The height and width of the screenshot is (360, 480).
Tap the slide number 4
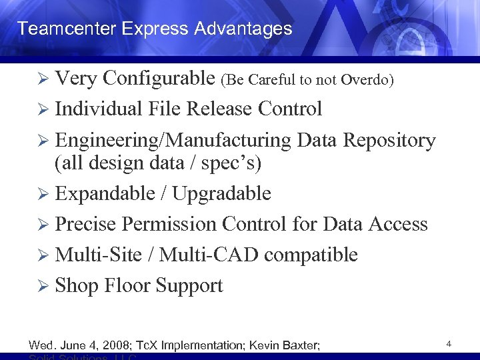click(449, 344)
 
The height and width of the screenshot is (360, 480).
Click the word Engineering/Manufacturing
click(173, 141)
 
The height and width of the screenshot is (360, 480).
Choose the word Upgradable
click(222, 193)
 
